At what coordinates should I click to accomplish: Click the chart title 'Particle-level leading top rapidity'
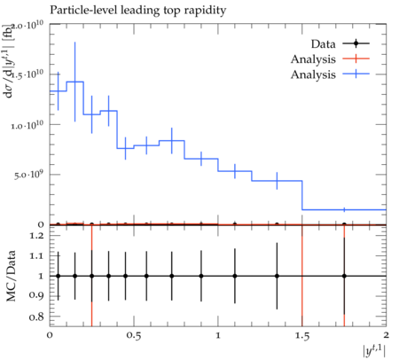pyautogui.click(x=137, y=11)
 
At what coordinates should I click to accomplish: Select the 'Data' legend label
pyautogui.click(x=323, y=44)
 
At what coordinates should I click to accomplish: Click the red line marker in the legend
pyautogui.click(x=356, y=59)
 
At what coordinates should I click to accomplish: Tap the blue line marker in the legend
pyautogui.click(x=356, y=74)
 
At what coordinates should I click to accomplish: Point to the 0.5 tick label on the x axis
pyautogui.click(x=134, y=336)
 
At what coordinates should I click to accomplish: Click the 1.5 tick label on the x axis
pyautogui.click(x=302, y=336)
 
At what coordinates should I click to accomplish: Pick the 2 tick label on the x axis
pyautogui.click(x=386, y=335)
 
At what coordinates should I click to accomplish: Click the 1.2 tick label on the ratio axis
pyautogui.click(x=36, y=236)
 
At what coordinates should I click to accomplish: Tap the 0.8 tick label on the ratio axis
pyautogui.click(x=36, y=317)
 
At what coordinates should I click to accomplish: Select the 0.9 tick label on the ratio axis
pyautogui.click(x=36, y=295)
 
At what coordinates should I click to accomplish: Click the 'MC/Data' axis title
pyautogui.click(x=12, y=276)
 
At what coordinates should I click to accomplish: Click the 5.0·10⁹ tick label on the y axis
pyautogui.click(x=29, y=175)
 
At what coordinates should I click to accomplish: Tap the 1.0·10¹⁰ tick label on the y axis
pyautogui.click(x=28, y=124)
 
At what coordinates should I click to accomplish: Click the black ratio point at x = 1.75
pyautogui.click(x=344, y=276)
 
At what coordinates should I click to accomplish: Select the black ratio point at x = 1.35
pyautogui.click(x=277, y=276)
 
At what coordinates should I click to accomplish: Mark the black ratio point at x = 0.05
pyautogui.click(x=59, y=276)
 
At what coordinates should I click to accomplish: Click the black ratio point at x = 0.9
pyautogui.click(x=201, y=276)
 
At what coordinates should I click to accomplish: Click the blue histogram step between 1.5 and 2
pyautogui.click(x=344, y=210)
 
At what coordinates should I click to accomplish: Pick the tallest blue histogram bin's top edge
pyautogui.click(x=75, y=82)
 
